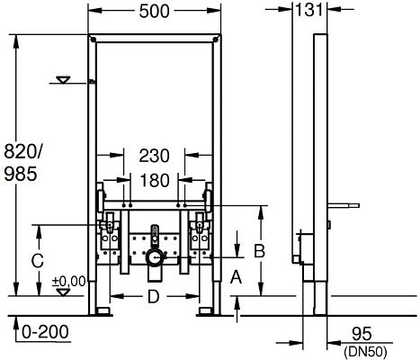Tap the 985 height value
click(20, 174)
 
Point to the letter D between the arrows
click(154, 296)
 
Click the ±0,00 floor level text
click(69, 281)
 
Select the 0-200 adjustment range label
click(43, 332)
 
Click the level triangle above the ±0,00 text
click(62, 290)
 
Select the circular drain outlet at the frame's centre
click(155, 258)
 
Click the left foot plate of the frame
click(102, 311)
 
